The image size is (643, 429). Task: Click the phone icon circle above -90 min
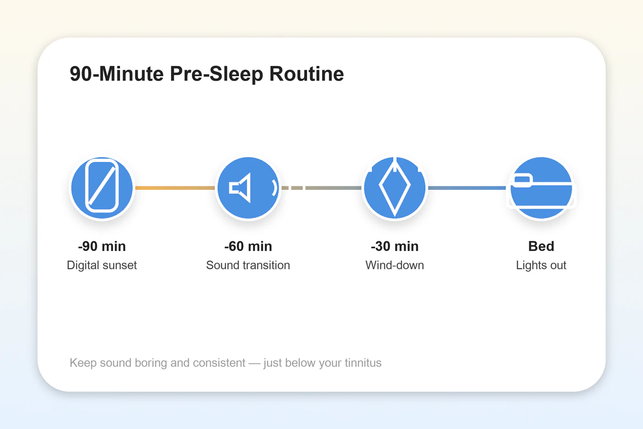click(102, 188)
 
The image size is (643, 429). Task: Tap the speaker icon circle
click(248, 188)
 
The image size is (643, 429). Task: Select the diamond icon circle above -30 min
click(394, 188)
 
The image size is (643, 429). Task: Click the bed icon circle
click(541, 188)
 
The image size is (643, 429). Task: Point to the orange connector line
click(175, 188)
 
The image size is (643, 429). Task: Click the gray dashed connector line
click(322, 188)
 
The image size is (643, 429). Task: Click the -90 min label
click(102, 246)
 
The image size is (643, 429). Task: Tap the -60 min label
click(248, 246)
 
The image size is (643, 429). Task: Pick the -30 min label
click(394, 246)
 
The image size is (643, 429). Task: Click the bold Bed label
click(541, 246)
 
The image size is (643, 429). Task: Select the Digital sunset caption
click(102, 265)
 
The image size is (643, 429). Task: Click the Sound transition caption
click(248, 265)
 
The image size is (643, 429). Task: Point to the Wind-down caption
click(394, 265)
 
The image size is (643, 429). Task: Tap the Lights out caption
click(541, 265)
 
